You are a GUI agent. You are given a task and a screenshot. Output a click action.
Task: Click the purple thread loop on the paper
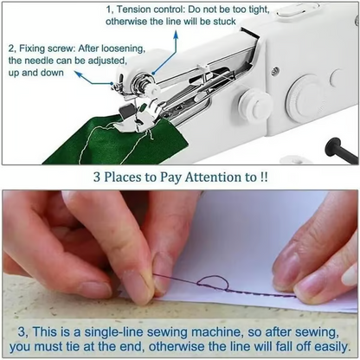coord(210,281)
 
